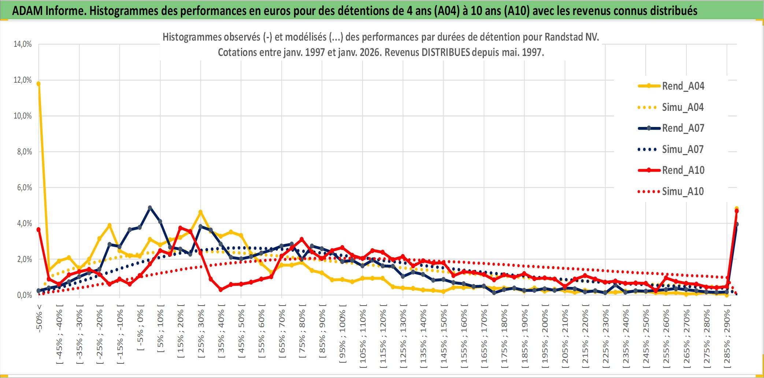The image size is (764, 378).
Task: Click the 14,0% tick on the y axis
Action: pos(23,44)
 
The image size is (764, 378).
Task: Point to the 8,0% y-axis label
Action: pos(24,152)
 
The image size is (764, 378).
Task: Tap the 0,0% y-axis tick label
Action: pos(24,295)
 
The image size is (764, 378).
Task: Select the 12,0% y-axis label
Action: pos(23,80)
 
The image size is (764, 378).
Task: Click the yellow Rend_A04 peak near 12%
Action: pos(38,84)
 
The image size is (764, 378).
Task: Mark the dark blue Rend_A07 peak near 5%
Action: pos(150,207)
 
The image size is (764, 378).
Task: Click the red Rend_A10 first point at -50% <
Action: pos(38,229)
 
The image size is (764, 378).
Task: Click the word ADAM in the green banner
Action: pos(27,11)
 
